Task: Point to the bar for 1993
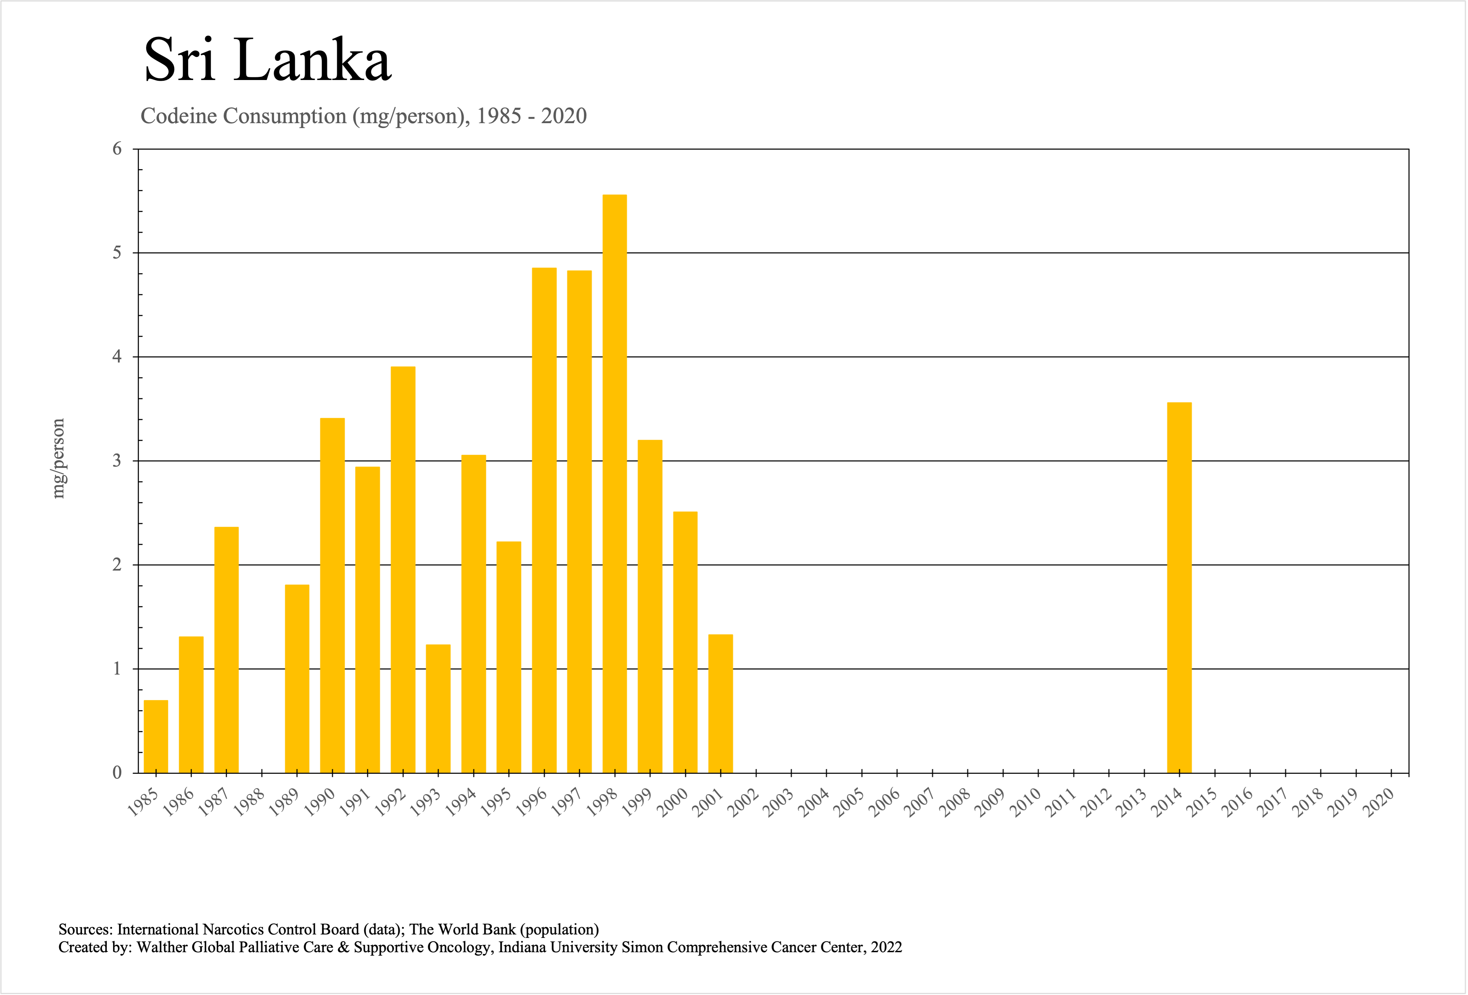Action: [438, 708]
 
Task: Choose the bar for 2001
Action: [720, 703]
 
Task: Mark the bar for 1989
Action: [297, 678]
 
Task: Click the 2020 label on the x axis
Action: [1380, 803]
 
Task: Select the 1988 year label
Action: [249, 803]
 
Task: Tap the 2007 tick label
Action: [920, 803]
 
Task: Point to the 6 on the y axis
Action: [117, 149]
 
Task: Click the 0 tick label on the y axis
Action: [117, 773]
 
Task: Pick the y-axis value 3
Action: [117, 461]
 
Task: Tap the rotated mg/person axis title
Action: [58, 459]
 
